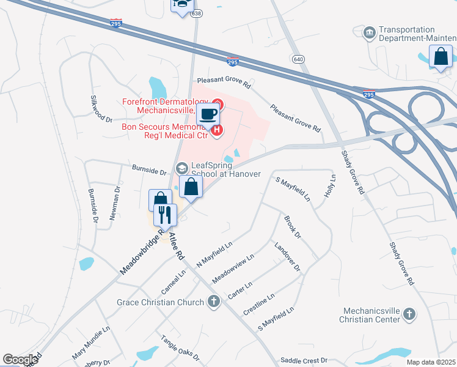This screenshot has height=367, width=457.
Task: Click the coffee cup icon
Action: [x=209, y=113]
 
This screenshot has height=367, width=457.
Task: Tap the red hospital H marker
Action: [x=216, y=130]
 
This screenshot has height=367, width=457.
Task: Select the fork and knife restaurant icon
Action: [x=164, y=213]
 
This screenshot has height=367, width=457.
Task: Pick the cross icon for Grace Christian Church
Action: [x=213, y=302]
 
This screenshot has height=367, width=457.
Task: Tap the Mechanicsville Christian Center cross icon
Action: [x=409, y=314]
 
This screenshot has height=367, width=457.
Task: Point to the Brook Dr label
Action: [x=293, y=226]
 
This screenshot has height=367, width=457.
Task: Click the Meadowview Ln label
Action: [x=233, y=269]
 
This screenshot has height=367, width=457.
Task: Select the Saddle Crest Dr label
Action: [x=304, y=361]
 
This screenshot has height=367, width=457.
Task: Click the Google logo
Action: [x=20, y=360]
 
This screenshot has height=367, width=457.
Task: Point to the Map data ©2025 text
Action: [x=430, y=362]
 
